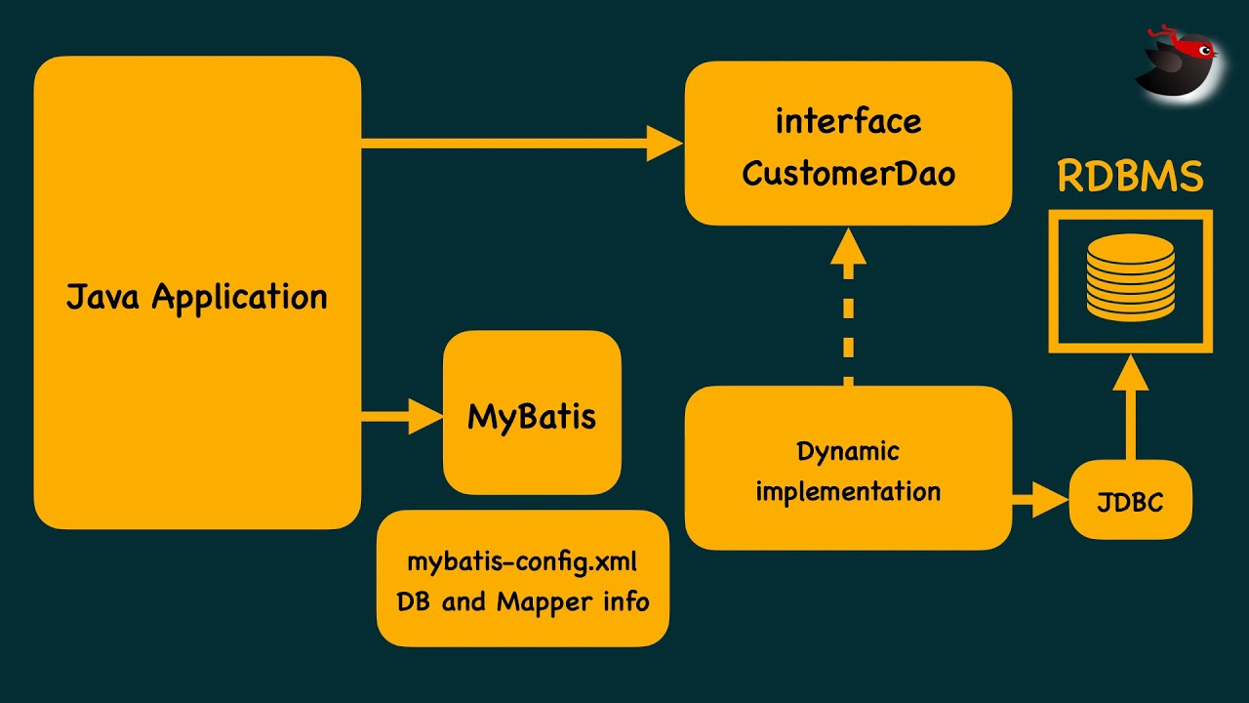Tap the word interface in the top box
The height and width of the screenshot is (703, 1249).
(x=848, y=122)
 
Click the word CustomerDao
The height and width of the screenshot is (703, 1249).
(x=848, y=174)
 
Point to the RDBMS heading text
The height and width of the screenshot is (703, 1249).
(x=1131, y=177)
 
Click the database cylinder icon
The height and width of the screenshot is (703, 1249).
(x=1131, y=277)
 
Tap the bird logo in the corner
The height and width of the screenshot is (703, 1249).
(x=1178, y=61)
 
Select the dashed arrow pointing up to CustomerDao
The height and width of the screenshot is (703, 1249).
(x=848, y=308)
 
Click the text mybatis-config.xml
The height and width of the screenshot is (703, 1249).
(x=522, y=561)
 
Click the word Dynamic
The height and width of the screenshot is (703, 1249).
(x=848, y=452)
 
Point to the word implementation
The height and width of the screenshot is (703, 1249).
(x=848, y=491)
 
